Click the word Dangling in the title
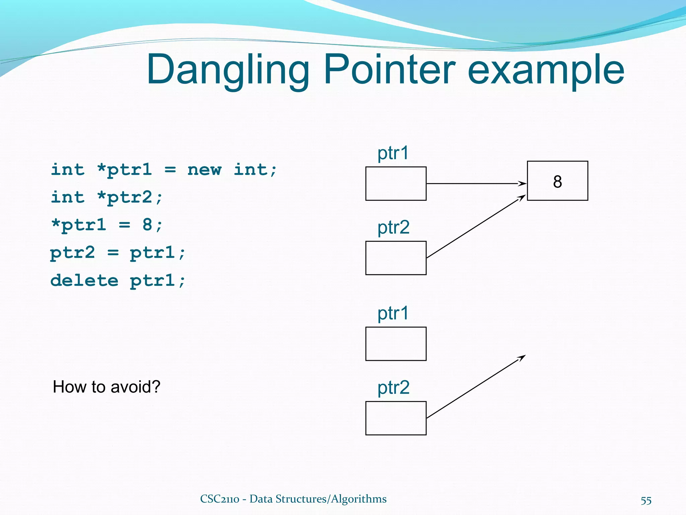(x=228, y=70)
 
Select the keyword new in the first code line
(x=204, y=170)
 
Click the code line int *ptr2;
(x=107, y=197)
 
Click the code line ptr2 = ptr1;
(x=117, y=252)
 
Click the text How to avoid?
(x=107, y=387)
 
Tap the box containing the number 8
(x=557, y=181)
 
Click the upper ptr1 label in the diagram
(x=393, y=153)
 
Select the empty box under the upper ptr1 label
(x=396, y=184)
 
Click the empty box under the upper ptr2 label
(x=396, y=258)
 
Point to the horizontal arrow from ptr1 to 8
(x=476, y=184)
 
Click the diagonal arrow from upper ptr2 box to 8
(x=476, y=226)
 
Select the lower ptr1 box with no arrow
(x=396, y=344)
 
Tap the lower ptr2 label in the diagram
(x=394, y=388)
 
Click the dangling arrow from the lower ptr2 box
(x=476, y=387)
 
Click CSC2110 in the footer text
(x=220, y=499)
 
